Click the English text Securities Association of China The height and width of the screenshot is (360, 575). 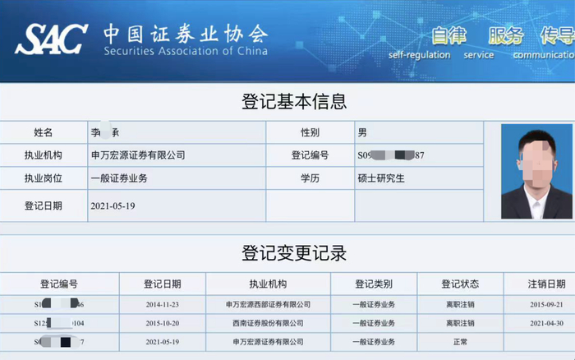186,51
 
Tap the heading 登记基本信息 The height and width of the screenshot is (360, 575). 294,102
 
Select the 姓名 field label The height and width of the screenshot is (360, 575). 44,132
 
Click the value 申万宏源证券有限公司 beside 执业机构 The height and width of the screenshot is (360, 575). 138,155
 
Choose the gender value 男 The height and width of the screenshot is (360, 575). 362,132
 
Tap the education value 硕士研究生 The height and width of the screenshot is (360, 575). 381,178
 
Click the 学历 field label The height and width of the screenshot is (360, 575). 310,178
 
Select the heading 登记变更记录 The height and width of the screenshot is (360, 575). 294,253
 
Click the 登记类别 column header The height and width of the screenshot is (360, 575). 375,284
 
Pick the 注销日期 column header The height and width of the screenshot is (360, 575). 545,284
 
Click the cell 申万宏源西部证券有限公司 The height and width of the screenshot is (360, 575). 268,305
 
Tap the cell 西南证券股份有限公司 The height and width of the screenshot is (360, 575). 268,323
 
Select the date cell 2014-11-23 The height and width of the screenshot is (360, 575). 163,305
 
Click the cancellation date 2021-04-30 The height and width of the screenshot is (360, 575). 545,323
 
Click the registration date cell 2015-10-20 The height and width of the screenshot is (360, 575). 163,323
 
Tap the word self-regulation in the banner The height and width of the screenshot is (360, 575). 419,55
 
